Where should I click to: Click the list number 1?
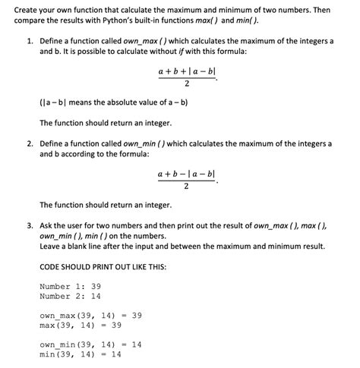coord(28,39)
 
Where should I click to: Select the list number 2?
coord(28,143)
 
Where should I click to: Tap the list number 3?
coord(28,225)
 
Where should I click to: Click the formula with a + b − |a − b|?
coord(187,180)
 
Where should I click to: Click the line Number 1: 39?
coord(70,286)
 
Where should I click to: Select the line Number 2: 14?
coord(70,296)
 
